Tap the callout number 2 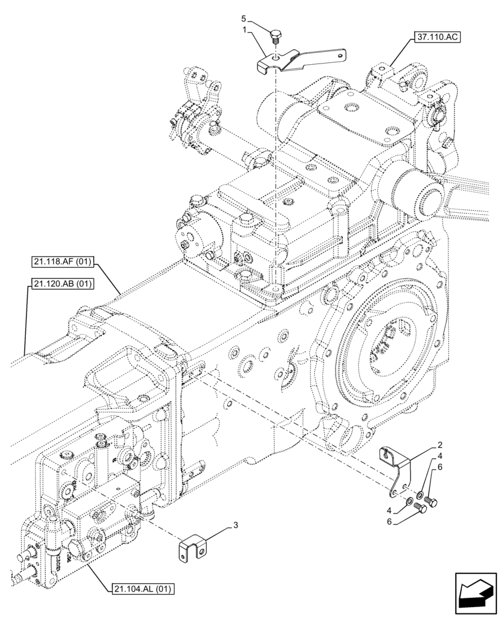coord(439,444)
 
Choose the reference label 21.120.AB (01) coord(61,284)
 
